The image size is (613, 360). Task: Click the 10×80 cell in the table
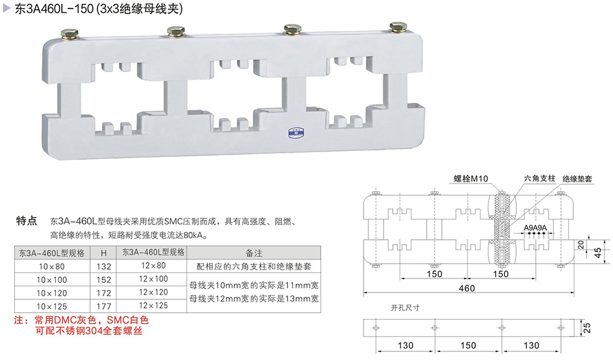pyautogui.click(x=51, y=267)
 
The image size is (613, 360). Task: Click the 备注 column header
pyautogui.click(x=254, y=253)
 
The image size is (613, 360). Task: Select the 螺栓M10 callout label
pyautogui.click(x=470, y=178)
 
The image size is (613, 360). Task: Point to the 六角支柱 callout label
pyautogui.click(x=539, y=178)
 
